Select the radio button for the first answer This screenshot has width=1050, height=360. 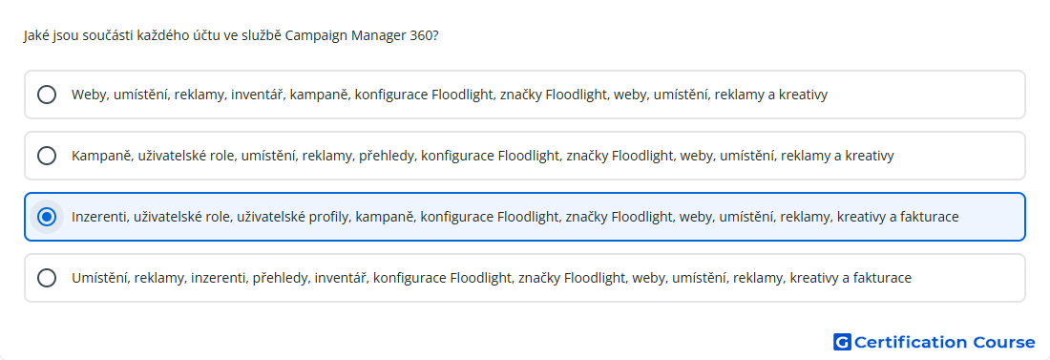(x=47, y=95)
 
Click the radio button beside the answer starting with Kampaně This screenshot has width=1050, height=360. (x=47, y=156)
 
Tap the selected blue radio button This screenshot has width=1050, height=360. (x=47, y=217)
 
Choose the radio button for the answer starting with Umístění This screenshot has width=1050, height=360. (x=47, y=278)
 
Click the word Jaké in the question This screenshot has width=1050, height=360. (x=34, y=35)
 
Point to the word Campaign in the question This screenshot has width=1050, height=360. (x=317, y=35)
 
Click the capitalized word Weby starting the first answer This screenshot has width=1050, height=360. (x=90, y=95)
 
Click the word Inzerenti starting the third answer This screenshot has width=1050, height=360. (x=100, y=217)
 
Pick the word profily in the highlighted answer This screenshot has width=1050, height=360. (x=331, y=217)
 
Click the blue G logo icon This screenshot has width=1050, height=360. (x=842, y=342)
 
